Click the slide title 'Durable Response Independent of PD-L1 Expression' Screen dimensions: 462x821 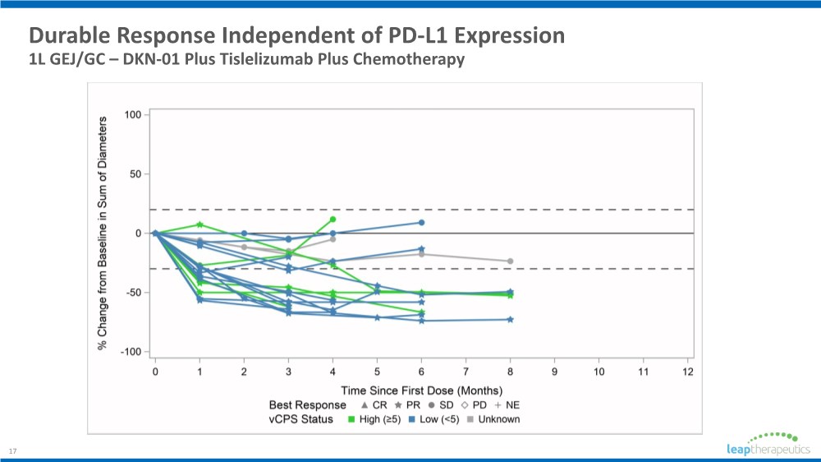coord(296,36)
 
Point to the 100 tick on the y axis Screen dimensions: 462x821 coord(132,114)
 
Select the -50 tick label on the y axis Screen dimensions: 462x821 coord(131,293)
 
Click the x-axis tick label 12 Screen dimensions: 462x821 coord(688,372)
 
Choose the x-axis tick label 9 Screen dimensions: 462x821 coord(554,372)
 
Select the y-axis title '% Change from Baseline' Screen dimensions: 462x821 coord(103,233)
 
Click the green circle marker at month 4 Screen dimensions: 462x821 coord(333,219)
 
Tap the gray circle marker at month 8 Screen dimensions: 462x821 coord(510,261)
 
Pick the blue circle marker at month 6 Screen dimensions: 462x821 coord(421,222)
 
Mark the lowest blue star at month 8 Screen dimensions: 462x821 coord(510,319)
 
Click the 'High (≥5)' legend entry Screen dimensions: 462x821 coord(374,419)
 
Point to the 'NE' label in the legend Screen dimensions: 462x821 coord(512,405)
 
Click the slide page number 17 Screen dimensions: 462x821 coord(12,450)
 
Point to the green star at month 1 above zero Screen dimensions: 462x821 coord(200,224)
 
